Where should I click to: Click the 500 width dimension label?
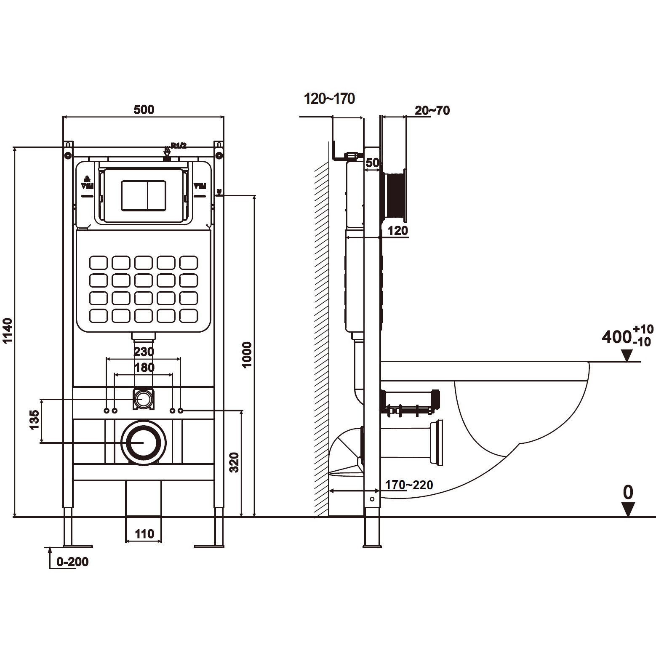[x=144, y=109]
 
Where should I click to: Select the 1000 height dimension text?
[x=248, y=355]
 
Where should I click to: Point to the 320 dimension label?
[x=235, y=462]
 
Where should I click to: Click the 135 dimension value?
[x=34, y=419]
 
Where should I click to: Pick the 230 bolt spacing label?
[x=144, y=351]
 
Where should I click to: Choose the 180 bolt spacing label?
[x=144, y=367]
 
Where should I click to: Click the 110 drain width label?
[x=144, y=534]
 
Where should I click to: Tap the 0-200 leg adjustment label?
[x=72, y=562]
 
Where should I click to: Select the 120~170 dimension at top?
[x=329, y=99]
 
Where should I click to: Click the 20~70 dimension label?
[x=432, y=110]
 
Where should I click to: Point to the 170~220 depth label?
[x=409, y=485]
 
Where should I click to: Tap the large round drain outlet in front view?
[x=144, y=443]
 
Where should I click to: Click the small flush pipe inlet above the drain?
[x=144, y=398]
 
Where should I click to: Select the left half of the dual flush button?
[x=134, y=195]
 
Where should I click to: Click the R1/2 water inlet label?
[x=178, y=146]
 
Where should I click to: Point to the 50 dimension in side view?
[x=372, y=163]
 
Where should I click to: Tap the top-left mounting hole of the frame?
[x=68, y=155]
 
